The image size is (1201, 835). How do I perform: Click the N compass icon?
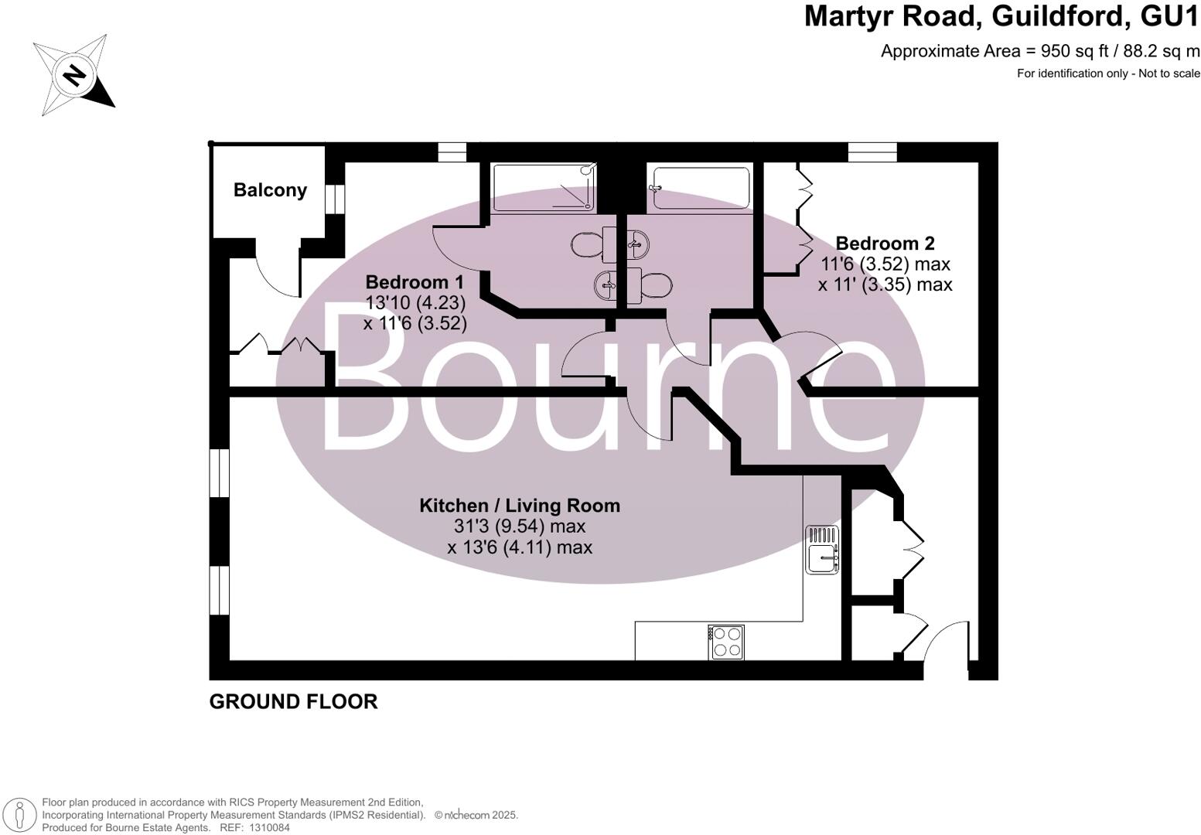[x=74, y=75]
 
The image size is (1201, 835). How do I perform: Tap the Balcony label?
[x=270, y=190]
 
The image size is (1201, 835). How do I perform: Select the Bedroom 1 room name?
[x=415, y=282]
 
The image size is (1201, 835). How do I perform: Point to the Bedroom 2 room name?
[x=885, y=244]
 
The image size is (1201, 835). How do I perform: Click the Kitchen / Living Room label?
[x=520, y=506]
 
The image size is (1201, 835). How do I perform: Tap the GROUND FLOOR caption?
[x=293, y=701]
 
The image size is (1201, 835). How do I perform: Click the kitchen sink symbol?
[x=822, y=550]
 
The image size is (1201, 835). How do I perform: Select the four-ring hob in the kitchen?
[x=726, y=642]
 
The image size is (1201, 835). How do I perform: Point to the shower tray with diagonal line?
[x=545, y=188]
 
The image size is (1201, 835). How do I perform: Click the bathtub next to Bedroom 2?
[x=701, y=188]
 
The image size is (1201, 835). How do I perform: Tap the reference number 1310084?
[x=267, y=827]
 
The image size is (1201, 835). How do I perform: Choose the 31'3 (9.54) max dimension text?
[x=520, y=527]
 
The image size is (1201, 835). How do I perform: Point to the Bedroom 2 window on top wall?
[x=872, y=152]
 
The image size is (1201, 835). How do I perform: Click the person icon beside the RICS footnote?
[x=21, y=815]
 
